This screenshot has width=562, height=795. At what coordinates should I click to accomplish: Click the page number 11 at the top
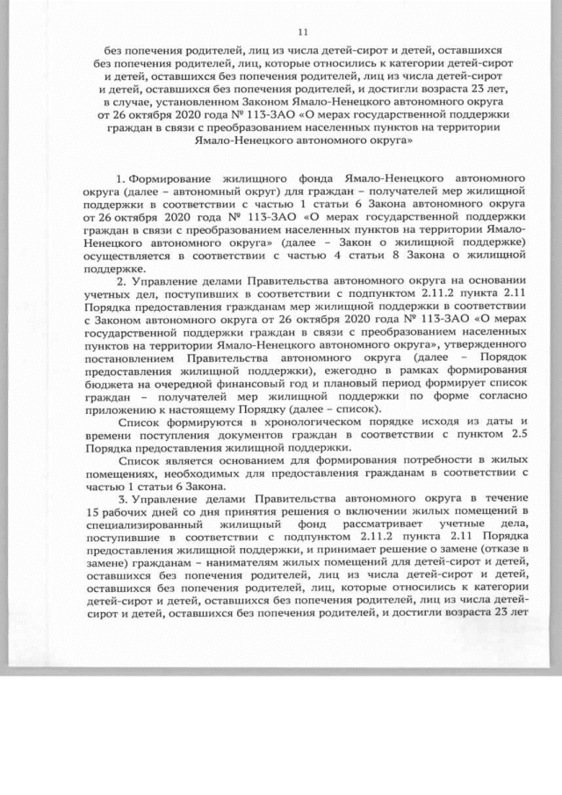pos(282,28)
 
